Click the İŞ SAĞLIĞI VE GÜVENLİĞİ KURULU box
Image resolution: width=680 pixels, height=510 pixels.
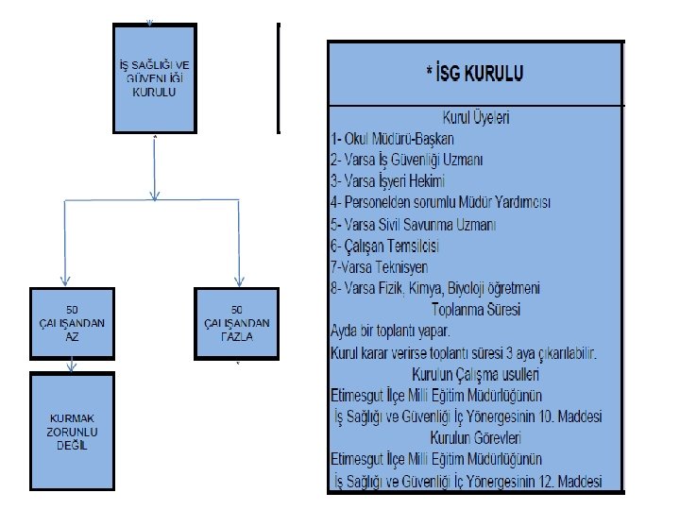153,77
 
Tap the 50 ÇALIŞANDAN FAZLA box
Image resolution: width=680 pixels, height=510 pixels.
237,323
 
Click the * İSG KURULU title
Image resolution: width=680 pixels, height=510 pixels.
475,72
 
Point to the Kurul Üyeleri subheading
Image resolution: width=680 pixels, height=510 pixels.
475,118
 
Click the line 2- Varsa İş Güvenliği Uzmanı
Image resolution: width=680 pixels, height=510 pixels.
406,161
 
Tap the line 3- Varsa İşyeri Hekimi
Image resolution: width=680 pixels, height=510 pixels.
387,181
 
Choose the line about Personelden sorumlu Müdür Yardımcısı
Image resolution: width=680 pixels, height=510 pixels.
440,203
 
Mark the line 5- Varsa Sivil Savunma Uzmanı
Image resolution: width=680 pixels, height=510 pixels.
413,225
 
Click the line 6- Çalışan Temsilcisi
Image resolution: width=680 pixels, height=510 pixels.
385,246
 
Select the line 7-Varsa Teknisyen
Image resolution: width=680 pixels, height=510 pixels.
379,267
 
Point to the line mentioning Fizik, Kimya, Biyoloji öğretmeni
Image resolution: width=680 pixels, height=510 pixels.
435,288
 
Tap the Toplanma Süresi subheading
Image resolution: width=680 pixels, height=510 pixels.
475,309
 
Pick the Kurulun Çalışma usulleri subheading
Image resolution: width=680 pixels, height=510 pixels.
475,373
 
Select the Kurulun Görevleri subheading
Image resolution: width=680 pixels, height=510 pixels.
475,437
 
